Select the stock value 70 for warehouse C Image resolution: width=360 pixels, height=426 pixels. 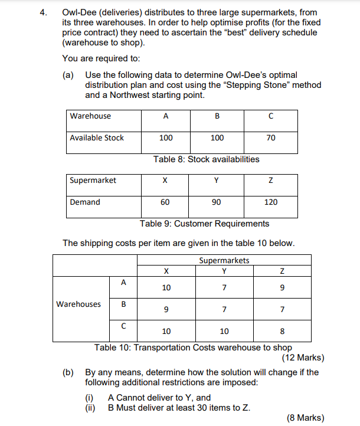tap(271, 137)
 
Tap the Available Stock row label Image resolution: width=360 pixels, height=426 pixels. tap(97, 137)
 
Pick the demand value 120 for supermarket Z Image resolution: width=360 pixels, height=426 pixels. tap(271, 202)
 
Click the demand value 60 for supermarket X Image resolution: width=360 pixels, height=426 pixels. tap(165, 202)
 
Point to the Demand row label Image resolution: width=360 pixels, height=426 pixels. tap(85, 202)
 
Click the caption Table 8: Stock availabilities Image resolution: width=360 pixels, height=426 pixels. tap(206, 159)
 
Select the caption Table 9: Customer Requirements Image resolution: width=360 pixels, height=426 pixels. tap(204, 224)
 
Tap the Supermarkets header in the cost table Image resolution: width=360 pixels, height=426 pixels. tap(224, 260)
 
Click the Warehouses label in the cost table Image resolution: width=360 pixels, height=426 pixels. tap(78, 304)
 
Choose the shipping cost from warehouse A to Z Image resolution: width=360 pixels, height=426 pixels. tap(283, 288)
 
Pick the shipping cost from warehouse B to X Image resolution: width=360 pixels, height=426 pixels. tap(166, 309)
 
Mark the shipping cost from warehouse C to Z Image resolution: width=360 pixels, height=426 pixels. tap(283, 331)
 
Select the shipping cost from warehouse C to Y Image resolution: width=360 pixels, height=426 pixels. tap(224, 331)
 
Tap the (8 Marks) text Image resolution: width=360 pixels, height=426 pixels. tap(305, 418)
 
